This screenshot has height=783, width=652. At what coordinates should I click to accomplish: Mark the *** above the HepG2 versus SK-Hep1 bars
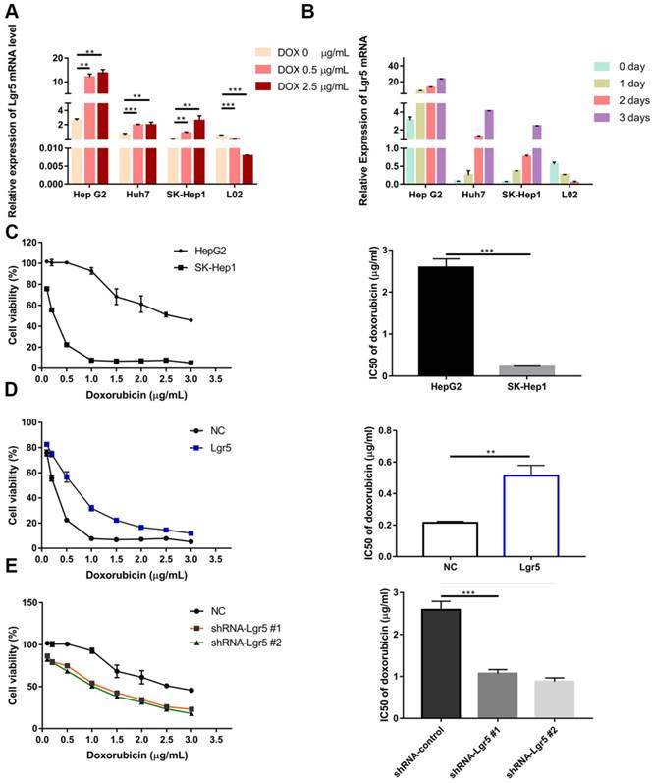pyautogui.click(x=486, y=251)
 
